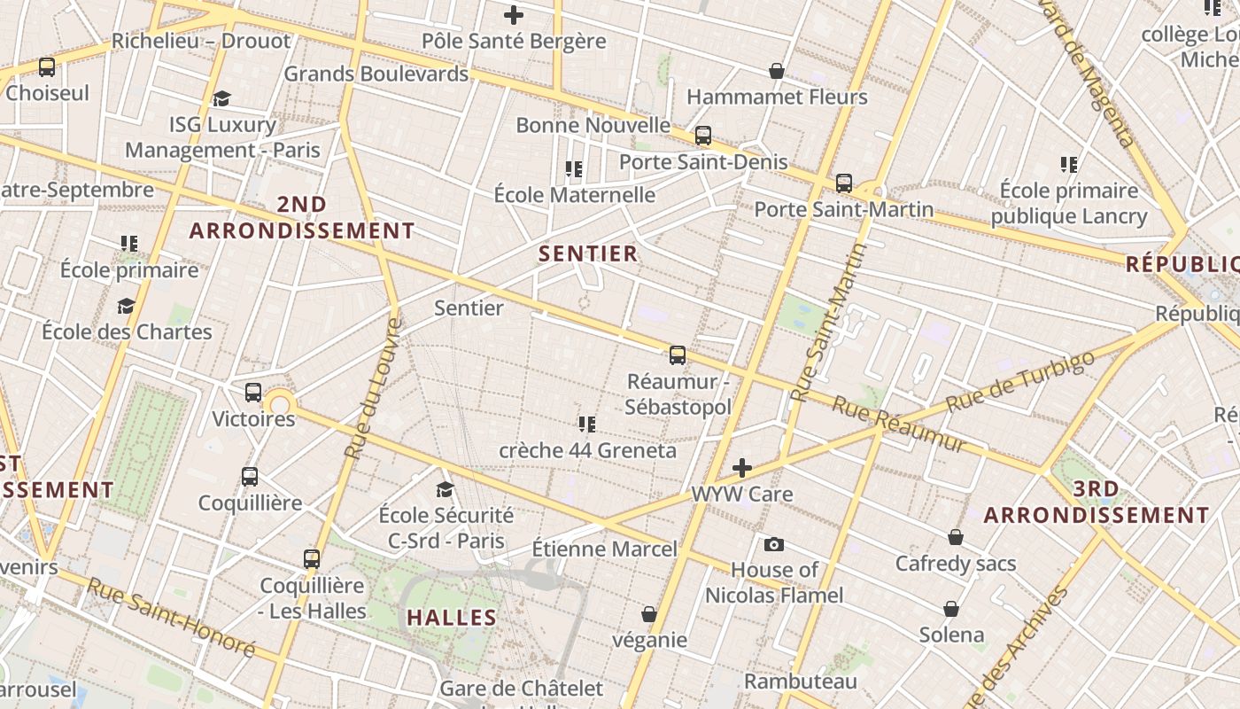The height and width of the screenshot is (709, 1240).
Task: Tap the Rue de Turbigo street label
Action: tap(1019, 382)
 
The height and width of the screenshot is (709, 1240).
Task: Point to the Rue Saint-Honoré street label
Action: tap(171, 618)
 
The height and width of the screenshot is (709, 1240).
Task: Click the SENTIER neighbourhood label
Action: tap(588, 254)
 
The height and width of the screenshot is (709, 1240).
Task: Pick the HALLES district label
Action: tap(452, 618)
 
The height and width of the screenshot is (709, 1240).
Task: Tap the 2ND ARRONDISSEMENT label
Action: tap(302, 218)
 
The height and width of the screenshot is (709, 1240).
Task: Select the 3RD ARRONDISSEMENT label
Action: tap(1097, 503)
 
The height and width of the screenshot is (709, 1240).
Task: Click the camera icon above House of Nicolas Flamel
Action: tap(774, 544)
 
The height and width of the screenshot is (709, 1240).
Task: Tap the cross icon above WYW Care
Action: tap(742, 468)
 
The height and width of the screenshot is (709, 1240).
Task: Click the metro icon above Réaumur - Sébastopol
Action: tap(678, 355)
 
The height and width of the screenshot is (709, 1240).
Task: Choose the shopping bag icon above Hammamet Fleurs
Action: tap(777, 71)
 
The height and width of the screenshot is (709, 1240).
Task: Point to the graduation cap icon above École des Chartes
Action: tap(126, 306)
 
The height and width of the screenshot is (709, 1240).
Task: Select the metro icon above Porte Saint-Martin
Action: tap(844, 183)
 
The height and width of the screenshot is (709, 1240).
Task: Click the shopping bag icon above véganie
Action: tap(649, 614)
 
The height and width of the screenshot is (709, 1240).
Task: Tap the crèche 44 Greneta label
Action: tap(587, 450)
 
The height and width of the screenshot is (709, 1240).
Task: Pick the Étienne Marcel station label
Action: tap(604, 549)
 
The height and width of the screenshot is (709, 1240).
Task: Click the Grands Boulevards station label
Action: tap(376, 74)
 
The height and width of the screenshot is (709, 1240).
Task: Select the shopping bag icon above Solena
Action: tap(951, 609)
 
